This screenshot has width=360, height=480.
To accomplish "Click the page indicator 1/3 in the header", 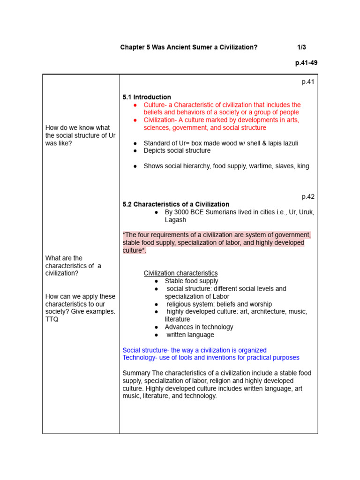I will (x=302, y=47).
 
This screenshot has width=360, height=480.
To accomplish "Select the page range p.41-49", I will (x=306, y=63).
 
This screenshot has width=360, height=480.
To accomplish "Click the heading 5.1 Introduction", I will (x=147, y=97).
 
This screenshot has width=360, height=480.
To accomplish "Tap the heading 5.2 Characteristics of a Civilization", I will (x=176, y=204).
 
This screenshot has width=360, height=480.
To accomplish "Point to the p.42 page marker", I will (x=308, y=197).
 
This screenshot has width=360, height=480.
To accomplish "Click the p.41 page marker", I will (x=308, y=82).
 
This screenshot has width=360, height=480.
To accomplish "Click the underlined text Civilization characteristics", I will (x=180, y=273).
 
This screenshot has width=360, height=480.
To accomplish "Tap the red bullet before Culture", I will (x=135, y=105).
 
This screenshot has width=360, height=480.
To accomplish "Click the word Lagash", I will (x=175, y=220).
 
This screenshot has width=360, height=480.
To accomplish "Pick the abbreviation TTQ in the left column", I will (x=52, y=319).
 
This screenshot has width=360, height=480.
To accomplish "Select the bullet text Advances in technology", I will (x=199, y=327).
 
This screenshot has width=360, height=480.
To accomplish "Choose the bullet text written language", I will (x=190, y=335).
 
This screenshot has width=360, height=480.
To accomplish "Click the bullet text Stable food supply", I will (x=191, y=281).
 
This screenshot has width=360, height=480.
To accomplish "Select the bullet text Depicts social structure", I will (x=177, y=150).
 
